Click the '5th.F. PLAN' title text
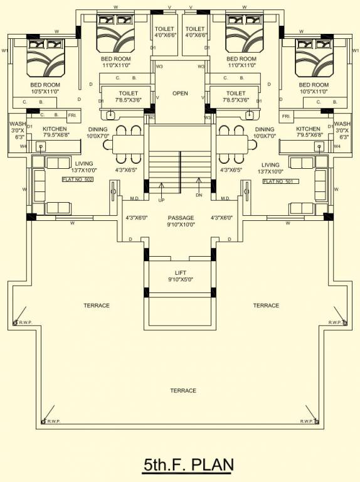point(188,465)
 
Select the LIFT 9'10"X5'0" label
point(180,277)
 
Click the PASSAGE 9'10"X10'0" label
point(180,221)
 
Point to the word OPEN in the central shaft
point(180,94)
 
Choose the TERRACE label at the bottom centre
point(183,390)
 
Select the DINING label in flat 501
point(265,129)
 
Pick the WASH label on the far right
point(342,124)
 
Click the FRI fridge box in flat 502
point(71,115)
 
